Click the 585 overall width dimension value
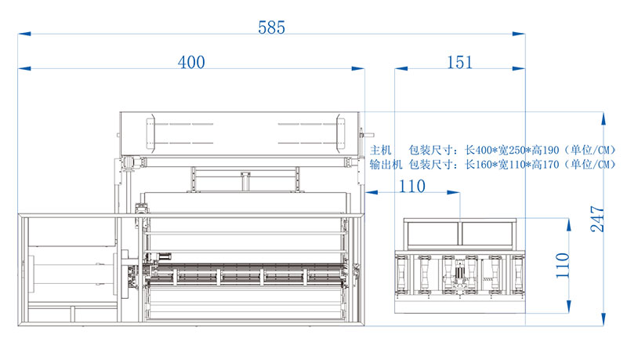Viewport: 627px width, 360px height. click(271, 27)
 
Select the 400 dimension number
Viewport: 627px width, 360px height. click(191, 63)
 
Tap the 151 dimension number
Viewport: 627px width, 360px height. click(459, 63)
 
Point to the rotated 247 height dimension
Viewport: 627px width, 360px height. click(597, 219)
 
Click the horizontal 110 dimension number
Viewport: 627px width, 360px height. click(412, 187)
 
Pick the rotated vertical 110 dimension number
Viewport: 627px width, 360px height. click(562, 265)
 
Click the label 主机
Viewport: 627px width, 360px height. click(380, 151)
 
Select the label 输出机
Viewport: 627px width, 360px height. click(386, 165)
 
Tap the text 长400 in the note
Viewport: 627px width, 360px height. click(478, 151)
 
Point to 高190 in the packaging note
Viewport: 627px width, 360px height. click(545, 151)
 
